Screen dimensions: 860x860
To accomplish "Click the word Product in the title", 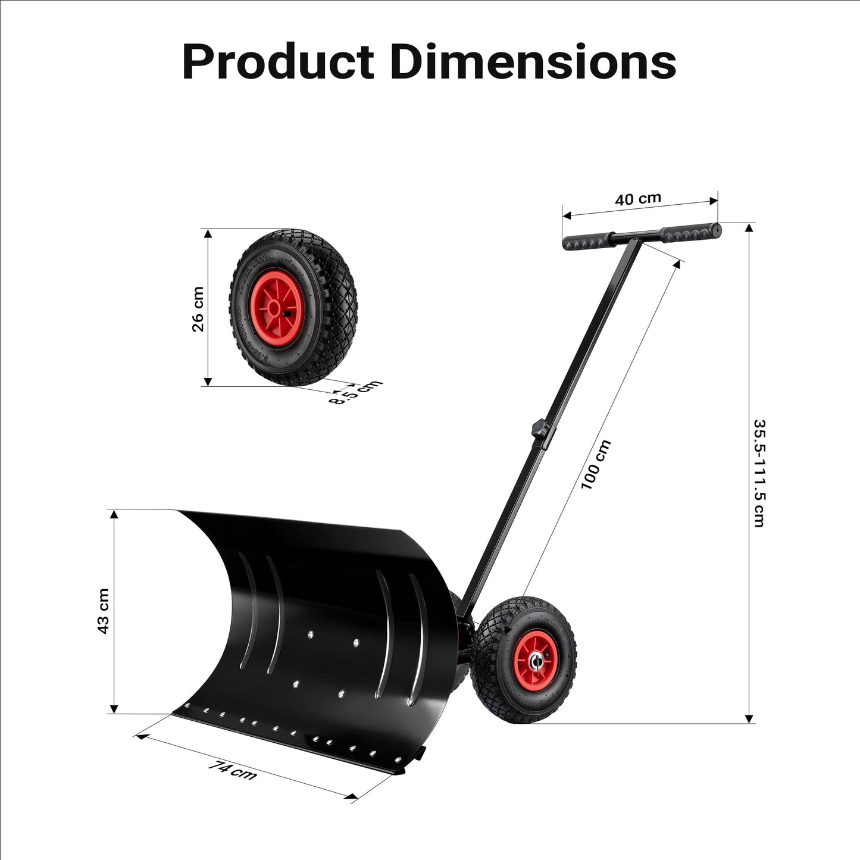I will [278, 61].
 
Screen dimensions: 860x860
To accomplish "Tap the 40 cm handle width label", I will [638, 199].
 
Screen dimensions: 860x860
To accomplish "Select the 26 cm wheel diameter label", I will [198, 309].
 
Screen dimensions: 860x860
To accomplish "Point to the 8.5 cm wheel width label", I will [356, 392].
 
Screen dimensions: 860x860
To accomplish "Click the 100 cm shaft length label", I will [596, 465].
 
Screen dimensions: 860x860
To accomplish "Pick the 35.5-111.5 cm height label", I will [759, 473].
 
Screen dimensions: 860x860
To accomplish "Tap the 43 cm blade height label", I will [103, 611].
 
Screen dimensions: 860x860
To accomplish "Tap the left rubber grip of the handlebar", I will [586, 241].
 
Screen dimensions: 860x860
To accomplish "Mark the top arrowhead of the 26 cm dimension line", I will [208, 233].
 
